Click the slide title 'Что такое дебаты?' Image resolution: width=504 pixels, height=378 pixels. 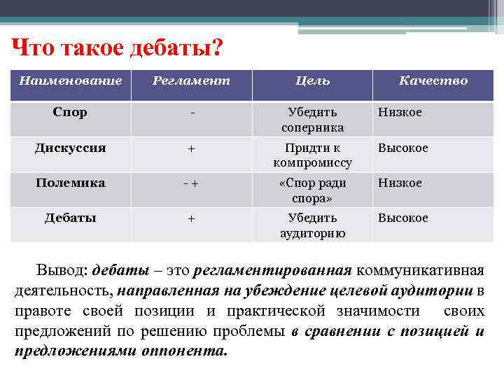[118, 48]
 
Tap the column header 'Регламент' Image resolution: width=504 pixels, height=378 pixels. [191, 81]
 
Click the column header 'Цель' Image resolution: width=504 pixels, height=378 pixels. [312, 81]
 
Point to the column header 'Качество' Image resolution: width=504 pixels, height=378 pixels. [433, 81]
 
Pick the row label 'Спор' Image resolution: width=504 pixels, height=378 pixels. [70, 113]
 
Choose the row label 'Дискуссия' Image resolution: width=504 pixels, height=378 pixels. [70, 148]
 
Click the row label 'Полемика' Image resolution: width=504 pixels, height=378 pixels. [70, 183]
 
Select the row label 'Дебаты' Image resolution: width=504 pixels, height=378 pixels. [70, 218]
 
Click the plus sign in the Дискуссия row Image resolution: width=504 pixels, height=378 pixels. [191, 148]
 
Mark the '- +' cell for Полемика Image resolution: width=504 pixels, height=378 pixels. [191, 183]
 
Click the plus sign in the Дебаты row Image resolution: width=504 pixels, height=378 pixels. [191, 218]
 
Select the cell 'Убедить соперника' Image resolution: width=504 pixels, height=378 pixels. [312, 120]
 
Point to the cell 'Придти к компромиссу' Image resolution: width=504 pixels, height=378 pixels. [312, 155]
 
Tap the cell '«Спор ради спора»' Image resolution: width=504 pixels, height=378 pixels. [312, 190]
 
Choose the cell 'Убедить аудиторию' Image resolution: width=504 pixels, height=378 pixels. [312, 225]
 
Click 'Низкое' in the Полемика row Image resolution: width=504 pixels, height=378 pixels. [400, 183]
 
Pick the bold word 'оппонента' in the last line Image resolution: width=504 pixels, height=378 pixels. [189, 351]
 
